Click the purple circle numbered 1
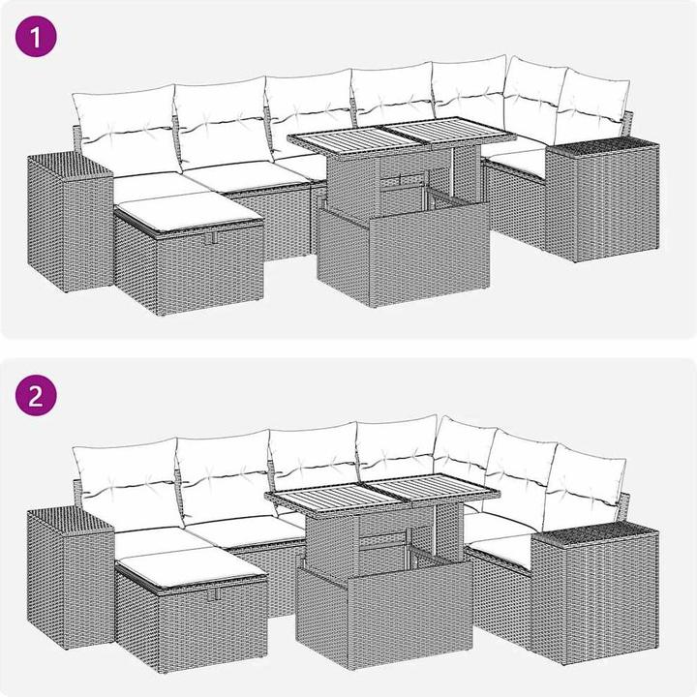tap(36, 37)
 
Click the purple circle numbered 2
tap(36, 396)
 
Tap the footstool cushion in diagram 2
tap(191, 566)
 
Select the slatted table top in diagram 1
tap(402, 136)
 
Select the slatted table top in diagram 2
tap(382, 493)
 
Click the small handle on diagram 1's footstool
tap(212, 238)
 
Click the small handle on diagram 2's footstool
tap(217, 593)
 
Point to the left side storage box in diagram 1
tap(71, 222)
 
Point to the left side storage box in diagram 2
tap(71, 578)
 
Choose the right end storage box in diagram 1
tap(602, 200)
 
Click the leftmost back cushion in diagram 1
tap(125, 129)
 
